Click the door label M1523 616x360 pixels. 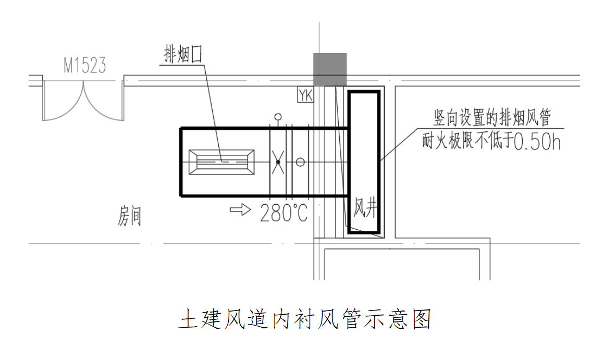(x=85, y=66)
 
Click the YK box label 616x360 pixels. (x=305, y=95)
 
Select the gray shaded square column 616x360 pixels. (x=329, y=69)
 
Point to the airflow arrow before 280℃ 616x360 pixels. (x=241, y=210)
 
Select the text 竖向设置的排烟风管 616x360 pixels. (x=492, y=118)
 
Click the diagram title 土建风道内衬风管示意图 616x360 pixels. (x=305, y=319)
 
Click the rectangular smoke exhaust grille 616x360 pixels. (x=221, y=162)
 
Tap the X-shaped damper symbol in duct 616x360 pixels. (x=278, y=162)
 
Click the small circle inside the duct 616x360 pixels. (x=300, y=162)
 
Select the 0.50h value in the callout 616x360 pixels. (x=537, y=142)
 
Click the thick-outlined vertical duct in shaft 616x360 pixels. (x=364, y=162)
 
